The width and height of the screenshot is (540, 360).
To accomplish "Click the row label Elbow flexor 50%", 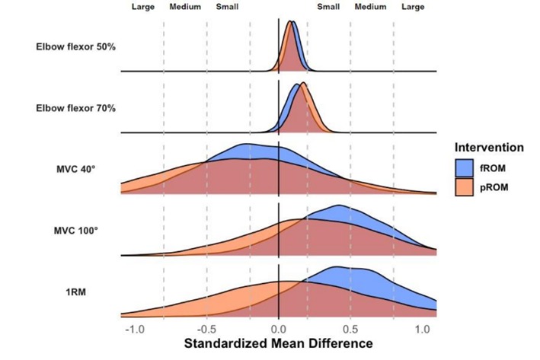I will click(x=75, y=46).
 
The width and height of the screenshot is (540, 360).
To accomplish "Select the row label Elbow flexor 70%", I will click(x=75, y=108).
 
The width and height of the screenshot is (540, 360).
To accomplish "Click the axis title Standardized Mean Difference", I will click(x=278, y=344).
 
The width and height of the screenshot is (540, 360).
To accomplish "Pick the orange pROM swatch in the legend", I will click(x=465, y=186).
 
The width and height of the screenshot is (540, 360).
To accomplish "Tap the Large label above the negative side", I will click(x=142, y=7).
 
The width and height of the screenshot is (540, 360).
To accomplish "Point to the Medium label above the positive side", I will click(x=370, y=7).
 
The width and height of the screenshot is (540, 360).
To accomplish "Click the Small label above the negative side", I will click(x=226, y=7).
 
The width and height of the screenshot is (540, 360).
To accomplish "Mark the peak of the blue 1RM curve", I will click(x=337, y=267).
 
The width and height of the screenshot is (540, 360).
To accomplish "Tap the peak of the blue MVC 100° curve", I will click(x=337, y=205).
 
